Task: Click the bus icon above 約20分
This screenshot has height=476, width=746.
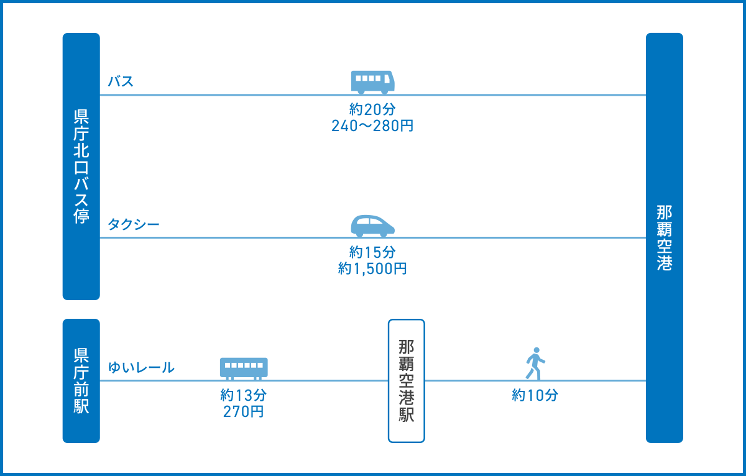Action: pos(372,82)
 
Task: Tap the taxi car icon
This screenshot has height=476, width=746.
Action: pos(372,226)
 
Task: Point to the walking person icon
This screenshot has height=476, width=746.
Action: pos(535,364)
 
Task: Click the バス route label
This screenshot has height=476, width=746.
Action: pos(121,81)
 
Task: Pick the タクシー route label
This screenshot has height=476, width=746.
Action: pos(134,224)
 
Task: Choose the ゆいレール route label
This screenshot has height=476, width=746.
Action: pos(141,367)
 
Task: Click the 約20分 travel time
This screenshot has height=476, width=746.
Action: pos(372,109)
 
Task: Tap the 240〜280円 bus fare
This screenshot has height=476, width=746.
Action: pos(372,126)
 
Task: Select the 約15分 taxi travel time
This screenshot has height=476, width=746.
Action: pos(372,252)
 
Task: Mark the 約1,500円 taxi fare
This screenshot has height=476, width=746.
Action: pos(372,268)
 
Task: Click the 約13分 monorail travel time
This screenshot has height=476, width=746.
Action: pos(244,395)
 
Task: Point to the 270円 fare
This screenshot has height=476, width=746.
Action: pos(244,412)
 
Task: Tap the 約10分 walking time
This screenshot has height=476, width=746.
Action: pos(535,395)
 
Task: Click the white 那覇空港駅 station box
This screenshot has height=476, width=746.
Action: pos(407,381)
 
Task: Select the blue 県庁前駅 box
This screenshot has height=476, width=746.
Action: pos(81,381)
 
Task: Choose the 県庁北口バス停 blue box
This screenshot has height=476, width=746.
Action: pos(81,167)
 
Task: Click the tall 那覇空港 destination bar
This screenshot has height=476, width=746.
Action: pos(665,237)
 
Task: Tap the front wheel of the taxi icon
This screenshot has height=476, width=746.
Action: pos(384,234)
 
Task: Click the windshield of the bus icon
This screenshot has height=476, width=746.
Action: pos(387,79)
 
